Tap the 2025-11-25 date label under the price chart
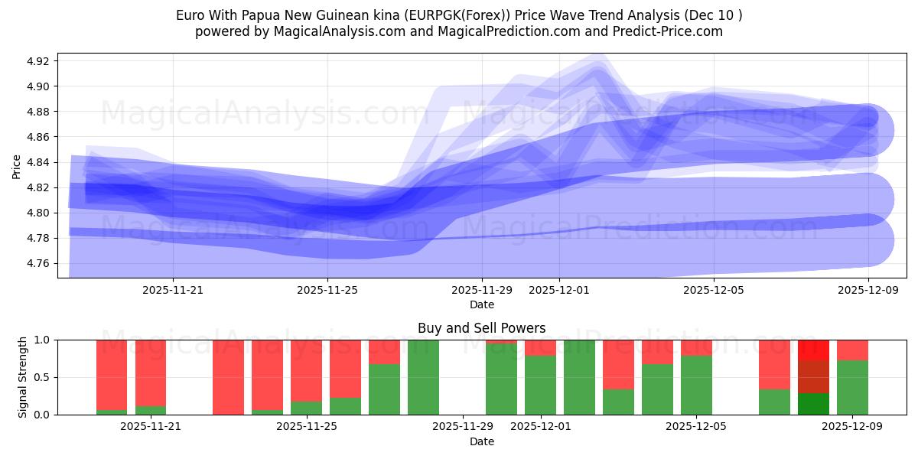[x=327, y=290]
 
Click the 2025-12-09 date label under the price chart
[x=868, y=290]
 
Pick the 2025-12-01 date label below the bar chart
[x=541, y=427]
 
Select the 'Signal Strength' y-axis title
[x=23, y=377]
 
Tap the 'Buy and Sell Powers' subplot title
[x=482, y=328]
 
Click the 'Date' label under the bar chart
[x=482, y=441]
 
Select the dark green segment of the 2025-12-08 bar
[x=813, y=404]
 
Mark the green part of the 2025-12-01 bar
[x=540, y=386]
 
